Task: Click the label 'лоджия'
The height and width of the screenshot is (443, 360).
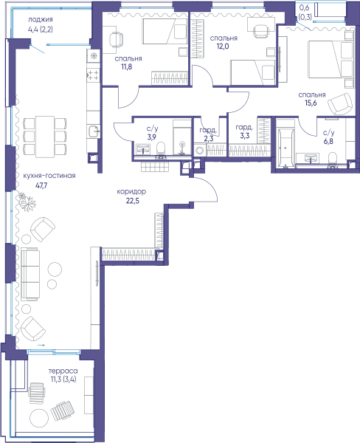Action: [x=40, y=20]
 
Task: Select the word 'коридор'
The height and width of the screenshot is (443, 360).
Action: [x=131, y=192]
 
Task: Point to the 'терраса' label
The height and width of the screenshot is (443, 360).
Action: [x=63, y=371]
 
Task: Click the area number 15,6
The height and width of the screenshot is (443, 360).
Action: [x=311, y=103]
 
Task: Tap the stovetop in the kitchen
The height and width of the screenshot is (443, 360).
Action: [x=93, y=75]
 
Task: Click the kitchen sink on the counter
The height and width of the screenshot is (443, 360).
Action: [x=94, y=131]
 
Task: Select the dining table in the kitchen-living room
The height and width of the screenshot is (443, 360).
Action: [x=45, y=137]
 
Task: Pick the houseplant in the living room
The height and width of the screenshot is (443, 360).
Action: [x=27, y=202]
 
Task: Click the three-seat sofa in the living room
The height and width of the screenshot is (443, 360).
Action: [x=30, y=274]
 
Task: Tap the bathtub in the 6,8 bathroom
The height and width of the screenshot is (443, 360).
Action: [x=285, y=144]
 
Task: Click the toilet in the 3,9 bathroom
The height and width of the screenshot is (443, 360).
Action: [x=160, y=149]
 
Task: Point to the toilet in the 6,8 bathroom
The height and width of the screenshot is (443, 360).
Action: [x=333, y=159]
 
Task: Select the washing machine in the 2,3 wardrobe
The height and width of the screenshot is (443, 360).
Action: [x=200, y=149]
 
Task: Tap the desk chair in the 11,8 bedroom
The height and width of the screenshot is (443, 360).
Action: [x=116, y=39]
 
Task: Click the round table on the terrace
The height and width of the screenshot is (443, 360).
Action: [x=39, y=418]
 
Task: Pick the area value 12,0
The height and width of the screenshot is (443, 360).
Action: [x=223, y=47]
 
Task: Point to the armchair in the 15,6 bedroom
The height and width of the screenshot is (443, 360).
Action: [x=341, y=103]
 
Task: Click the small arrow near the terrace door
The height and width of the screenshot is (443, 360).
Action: [x=41, y=345]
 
